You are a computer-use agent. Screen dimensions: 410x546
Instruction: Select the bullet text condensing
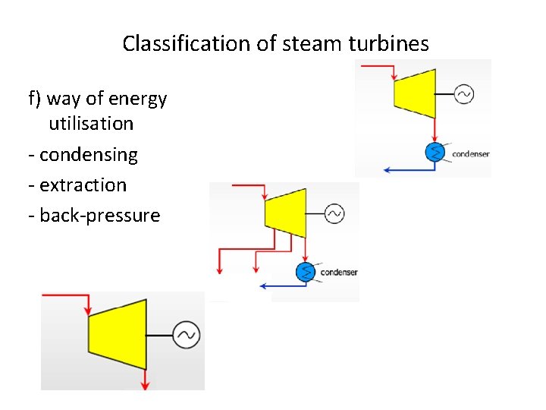pyautogui.click(x=88, y=155)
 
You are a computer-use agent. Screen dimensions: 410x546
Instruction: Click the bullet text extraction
pyautogui.click(x=83, y=185)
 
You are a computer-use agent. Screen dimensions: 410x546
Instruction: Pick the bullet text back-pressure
pyautogui.click(x=99, y=216)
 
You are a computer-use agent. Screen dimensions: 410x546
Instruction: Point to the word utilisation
pyautogui.click(x=91, y=124)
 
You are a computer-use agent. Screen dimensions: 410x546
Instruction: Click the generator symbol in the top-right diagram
pyautogui.click(x=464, y=94)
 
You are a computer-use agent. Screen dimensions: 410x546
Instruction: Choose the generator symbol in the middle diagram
pyautogui.click(x=334, y=214)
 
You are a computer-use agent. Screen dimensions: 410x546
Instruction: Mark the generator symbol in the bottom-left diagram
pyautogui.click(x=186, y=335)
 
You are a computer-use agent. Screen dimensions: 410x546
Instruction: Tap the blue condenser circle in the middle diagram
pyautogui.click(x=306, y=271)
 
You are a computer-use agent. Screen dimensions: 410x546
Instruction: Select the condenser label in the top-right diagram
pyautogui.click(x=471, y=154)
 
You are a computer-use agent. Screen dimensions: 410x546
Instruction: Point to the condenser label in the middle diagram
pyautogui.click(x=339, y=273)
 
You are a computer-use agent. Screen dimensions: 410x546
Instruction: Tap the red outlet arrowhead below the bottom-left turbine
pyautogui.click(x=145, y=386)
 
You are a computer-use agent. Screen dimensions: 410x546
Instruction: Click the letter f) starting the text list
pyautogui.click(x=35, y=99)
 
